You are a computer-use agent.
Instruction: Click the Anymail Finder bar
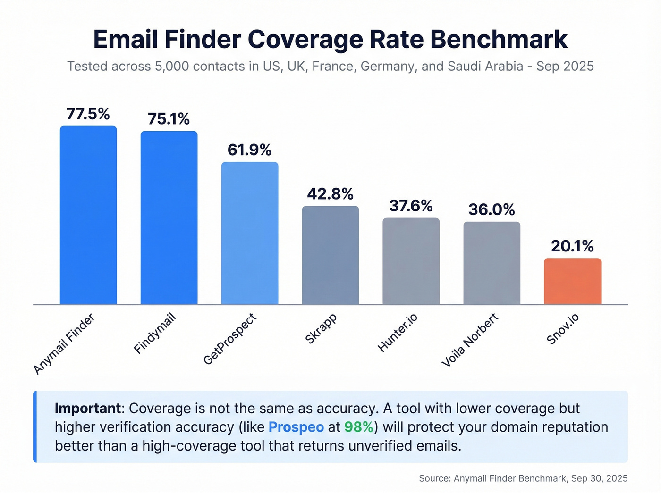click(88, 215)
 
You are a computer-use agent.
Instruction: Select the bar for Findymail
click(169, 217)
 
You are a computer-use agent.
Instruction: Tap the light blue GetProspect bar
click(250, 233)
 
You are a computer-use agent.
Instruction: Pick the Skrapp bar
click(330, 255)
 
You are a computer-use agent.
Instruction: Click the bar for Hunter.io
click(411, 261)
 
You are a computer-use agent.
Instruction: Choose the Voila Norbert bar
click(492, 263)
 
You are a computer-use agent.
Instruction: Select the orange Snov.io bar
click(572, 281)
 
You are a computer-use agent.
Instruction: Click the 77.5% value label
click(88, 114)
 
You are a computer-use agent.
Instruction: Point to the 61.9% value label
click(250, 150)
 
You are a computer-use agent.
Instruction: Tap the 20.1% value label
click(572, 246)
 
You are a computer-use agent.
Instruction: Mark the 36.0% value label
click(492, 209)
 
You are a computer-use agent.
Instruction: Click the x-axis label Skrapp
click(321, 328)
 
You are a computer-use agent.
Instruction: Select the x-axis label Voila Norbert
click(470, 340)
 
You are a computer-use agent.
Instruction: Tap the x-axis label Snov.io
click(562, 329)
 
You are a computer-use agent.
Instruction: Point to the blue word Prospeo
click(296, 427)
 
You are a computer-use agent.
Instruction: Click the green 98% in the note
click(358, 427)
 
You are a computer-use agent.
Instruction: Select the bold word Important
click(88, 408)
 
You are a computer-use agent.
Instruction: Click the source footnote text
click(523, 478)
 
